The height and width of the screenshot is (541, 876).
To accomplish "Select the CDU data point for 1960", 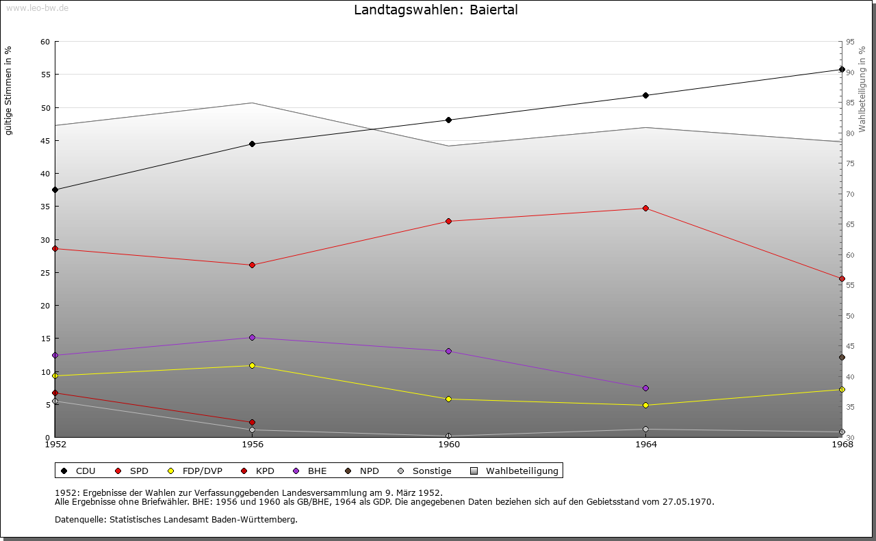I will (x=449, y=120).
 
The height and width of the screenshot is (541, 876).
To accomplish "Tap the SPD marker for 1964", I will (x=645, y=208).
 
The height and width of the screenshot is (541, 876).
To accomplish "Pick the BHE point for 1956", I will (x=252, y=337).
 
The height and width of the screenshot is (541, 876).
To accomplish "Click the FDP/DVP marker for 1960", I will (x=449, y=399).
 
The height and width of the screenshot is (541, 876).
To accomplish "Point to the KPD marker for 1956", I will (x=252, y=422).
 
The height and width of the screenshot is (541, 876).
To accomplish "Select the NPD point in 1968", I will (x=842, y=357).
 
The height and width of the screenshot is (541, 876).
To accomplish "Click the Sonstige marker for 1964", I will (x=645, y=430).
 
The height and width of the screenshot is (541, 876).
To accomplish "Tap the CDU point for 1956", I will (x=252, y=144).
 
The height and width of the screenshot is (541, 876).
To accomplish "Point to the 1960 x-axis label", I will (x=449, y=445).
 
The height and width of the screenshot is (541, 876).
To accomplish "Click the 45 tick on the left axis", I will (x=44, y=141).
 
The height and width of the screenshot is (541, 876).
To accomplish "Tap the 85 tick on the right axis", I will (x=850, y=103).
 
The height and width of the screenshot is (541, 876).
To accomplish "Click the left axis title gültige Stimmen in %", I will (x=8, y=90).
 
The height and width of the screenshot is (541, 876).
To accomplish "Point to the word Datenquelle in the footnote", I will (x=77, y=519).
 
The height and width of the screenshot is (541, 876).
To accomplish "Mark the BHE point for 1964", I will (x=645, y=388).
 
